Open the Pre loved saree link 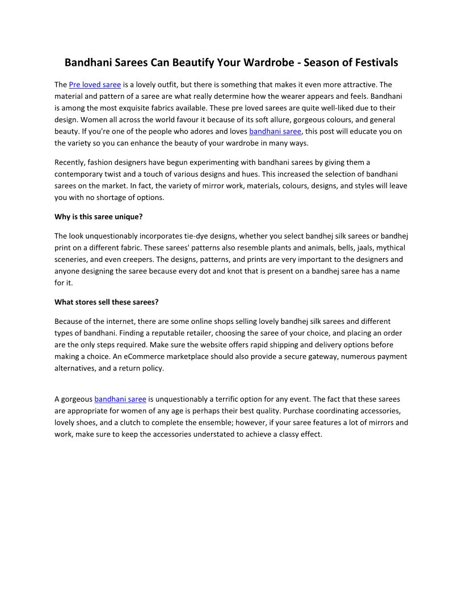coord(95,85)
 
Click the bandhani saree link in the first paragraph coord(275,131)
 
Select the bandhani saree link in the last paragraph coord(120,399)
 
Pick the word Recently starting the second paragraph coord(71,163)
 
